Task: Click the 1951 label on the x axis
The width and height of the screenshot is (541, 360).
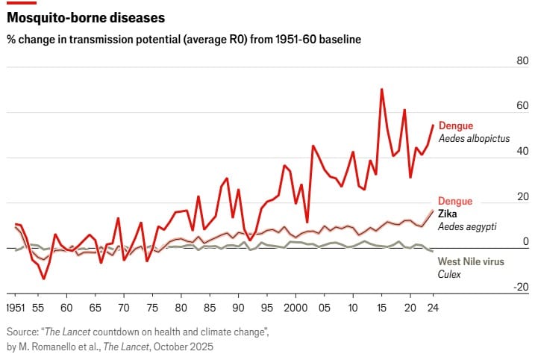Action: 16,308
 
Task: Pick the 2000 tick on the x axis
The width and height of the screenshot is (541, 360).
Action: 295,308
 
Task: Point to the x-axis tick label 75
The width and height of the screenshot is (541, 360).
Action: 152,308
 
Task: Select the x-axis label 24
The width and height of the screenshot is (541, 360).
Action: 433,308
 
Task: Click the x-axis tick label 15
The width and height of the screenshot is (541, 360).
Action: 381,308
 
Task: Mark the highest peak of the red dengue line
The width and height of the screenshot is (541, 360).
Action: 381,90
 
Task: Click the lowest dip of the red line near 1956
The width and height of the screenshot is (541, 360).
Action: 44,279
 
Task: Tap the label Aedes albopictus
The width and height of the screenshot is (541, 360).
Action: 474,139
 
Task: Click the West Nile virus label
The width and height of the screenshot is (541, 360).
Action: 471,261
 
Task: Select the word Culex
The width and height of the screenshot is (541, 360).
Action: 450,274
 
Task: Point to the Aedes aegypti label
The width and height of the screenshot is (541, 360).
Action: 467,227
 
